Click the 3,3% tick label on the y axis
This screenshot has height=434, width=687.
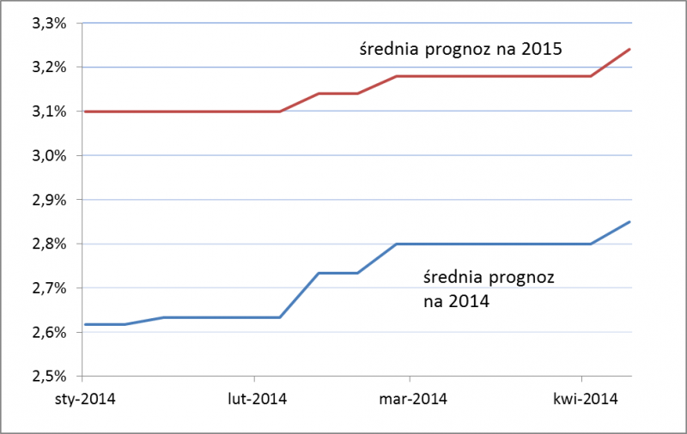point(49,23)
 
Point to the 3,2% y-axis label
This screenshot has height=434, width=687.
point(49,67)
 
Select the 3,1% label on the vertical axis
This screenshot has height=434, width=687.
point(49,112)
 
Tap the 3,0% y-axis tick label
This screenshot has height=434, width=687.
point(49,155)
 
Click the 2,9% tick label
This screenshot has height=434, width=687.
point(49,200)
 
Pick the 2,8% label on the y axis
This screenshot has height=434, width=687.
point(49,244)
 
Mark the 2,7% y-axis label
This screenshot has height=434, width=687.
point(49,288)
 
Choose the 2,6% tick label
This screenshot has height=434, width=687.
point(49,332)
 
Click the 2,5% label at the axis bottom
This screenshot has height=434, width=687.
point(49,376)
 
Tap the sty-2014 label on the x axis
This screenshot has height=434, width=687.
point(84,398)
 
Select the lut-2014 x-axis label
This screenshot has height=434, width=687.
point(255,398)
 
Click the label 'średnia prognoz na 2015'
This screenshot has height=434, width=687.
point(459,49)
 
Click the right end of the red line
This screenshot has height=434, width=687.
point(630,49)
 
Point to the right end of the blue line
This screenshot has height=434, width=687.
point(630,222)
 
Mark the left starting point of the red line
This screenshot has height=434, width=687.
point(84,112)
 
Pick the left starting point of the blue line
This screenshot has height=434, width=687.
point(84,324)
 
